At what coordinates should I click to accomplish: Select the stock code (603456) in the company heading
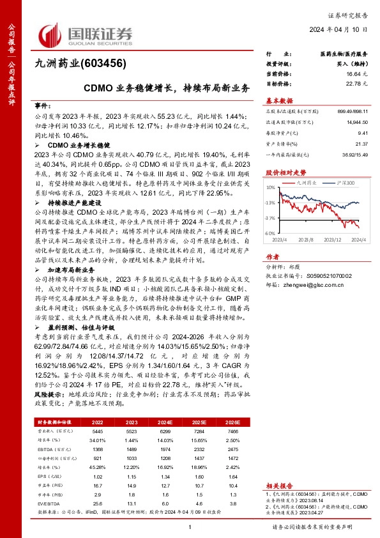(106, 64)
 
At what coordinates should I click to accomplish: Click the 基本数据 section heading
(279, 101)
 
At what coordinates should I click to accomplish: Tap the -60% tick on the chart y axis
(270, 234)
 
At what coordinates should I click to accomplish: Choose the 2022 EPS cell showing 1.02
(98, 476)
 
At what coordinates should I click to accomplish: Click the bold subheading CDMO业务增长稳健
(70, 146)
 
